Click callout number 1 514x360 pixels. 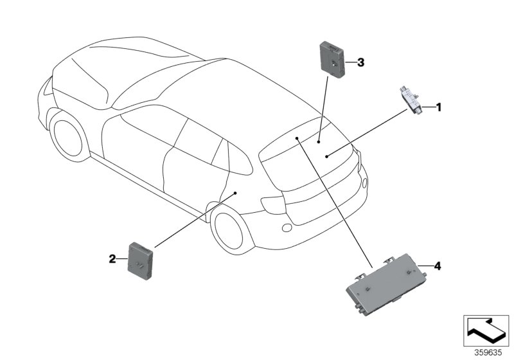pos(439,107)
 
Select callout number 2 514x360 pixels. pos(112,259)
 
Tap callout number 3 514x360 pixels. pos(360,62)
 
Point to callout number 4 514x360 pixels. pos(438,265)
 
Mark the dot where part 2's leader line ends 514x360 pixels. pos(236,192)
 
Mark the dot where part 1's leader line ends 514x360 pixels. pos(326,156)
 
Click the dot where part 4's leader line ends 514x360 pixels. pos(297,138)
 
